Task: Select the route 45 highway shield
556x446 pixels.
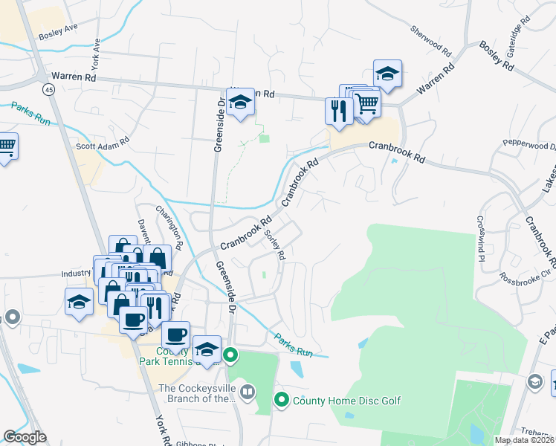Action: pos(48,89)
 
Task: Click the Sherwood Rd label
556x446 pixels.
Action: pos(431,41)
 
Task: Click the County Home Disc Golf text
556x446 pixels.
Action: pos(346,401)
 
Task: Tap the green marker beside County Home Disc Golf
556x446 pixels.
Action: pos(281,401)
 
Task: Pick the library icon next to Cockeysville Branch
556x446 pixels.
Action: pos(248,390)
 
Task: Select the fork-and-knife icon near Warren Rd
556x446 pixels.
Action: pos(337,111)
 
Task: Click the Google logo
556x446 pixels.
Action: pos(25,437)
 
